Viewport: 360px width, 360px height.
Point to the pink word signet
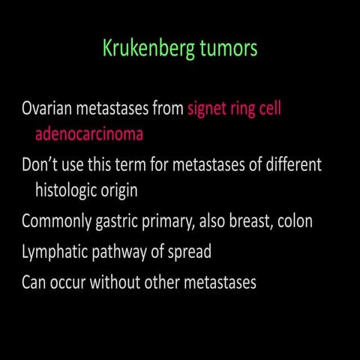[211, 109]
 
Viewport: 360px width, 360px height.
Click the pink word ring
[252, 109]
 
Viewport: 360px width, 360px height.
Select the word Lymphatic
[55, 252]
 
